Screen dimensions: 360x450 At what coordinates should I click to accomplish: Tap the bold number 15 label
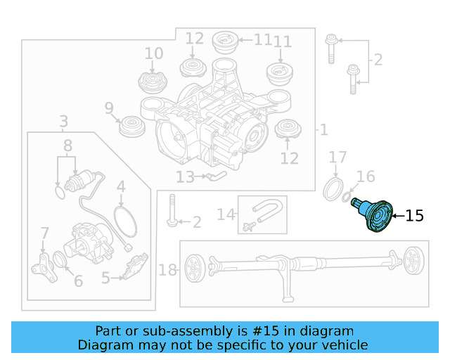[415, 216]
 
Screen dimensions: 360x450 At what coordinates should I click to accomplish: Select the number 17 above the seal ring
[337, 157]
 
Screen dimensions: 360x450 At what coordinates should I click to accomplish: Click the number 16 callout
[366, 176]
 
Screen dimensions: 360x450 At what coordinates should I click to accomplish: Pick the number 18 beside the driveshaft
[167, 270]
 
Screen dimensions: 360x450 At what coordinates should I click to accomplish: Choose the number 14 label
[225, 214]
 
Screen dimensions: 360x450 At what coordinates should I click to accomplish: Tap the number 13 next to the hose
[185, 177]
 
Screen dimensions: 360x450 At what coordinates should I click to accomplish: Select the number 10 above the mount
[153, 53]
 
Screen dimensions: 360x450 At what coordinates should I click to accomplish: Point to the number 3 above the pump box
[63, 121]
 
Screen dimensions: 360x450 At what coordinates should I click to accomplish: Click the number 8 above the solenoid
[67, 146]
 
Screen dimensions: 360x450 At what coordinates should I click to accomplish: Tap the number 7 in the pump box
[45, 233]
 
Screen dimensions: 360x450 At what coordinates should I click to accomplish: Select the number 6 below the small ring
[78, 281]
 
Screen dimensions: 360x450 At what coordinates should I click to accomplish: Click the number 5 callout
[105, 278]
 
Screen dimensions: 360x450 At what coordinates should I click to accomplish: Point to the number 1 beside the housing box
[323, 129]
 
